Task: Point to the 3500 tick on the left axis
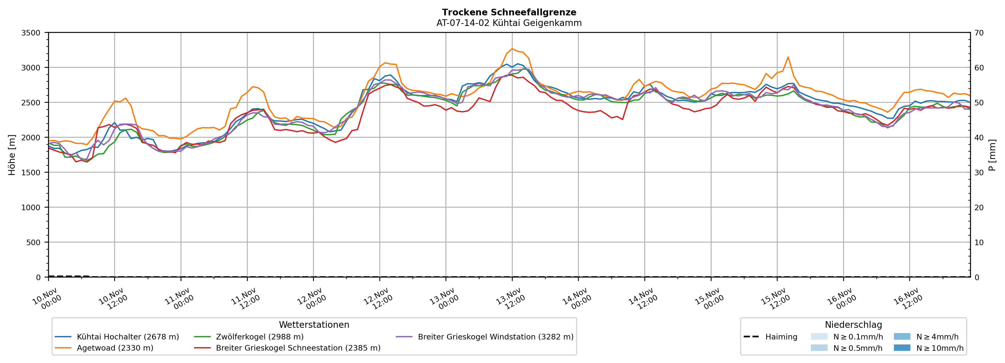[31, 33]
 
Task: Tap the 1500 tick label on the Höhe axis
[31, 173]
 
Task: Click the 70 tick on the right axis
[979, 33]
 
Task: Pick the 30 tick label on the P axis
[979, 173]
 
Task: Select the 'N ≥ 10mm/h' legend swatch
[902, 348]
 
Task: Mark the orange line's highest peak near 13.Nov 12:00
[512, 49]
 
